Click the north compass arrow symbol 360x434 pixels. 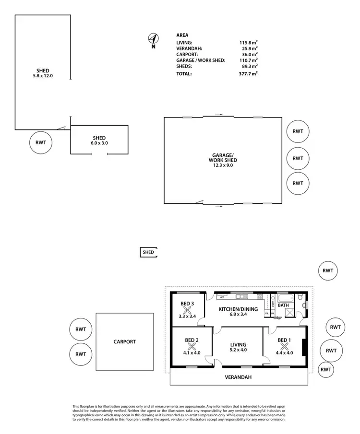pyautogui.click(x=154, y=39)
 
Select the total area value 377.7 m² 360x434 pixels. pyautogui.click(x=249, y=74)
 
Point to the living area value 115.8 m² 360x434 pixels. pyautogui.click(x=249, y=43)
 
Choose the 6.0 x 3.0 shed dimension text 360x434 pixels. pyautogui.click(x=99, y=143)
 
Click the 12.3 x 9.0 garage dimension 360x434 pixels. pyautogui.click(x=223, y=165)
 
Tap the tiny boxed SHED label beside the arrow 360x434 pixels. pyautogui.click(x=148, y=252)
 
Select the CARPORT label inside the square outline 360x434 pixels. pyautogui.click(x=125, y=342)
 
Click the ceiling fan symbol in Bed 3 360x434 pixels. pyautogui.click(x=187, y=311)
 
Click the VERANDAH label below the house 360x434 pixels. pyautogui.click(x=238, y=377)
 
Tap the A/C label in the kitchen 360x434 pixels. pyautogui.click(x=222, y=297)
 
